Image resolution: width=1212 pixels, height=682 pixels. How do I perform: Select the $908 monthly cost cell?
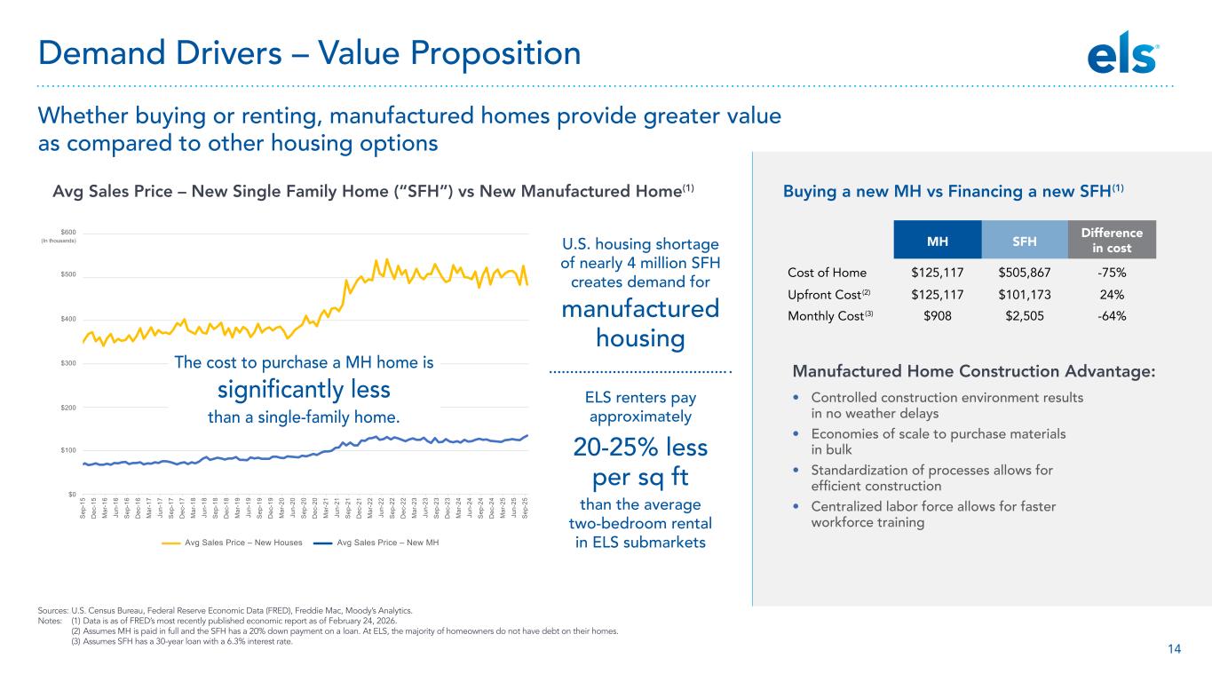click(938, 316)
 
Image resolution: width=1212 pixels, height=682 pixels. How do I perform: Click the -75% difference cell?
click(1112, 273)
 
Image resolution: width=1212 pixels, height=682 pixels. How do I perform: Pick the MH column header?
click(938, 240)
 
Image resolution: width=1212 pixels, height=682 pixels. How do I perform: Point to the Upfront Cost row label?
click(822, 295)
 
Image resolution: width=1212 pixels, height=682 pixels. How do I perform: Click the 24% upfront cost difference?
click(1112, 295)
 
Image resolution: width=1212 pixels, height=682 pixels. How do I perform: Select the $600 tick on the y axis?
click(68, 232)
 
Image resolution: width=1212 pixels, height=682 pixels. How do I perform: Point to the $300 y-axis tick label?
click(68, 363)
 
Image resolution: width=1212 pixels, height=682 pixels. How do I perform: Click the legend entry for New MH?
click(388, 542)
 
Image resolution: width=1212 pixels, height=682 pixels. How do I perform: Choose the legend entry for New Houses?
click(243, 542)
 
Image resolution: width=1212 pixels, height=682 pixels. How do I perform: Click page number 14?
click(1174, 649)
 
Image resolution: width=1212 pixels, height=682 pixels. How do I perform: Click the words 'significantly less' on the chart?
click(305, 389)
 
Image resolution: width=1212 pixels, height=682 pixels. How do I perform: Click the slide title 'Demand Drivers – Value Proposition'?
click(309, 54)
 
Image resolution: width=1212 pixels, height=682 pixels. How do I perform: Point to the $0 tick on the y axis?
click(71, 495)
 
